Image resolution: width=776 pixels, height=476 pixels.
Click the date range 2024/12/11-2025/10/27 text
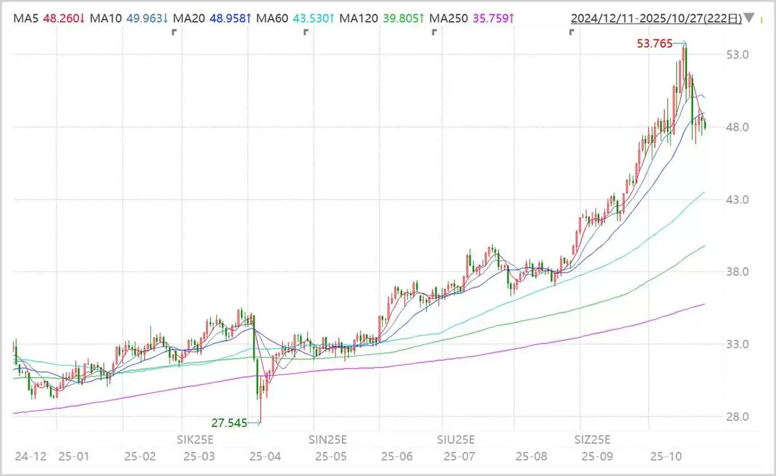click(x=656, y=18)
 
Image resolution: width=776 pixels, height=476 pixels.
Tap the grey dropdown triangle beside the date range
click(x=749, y=18)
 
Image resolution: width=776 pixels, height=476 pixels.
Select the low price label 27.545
click(x=229, y=423)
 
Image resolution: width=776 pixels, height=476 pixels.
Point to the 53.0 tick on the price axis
click(x=738, y=54)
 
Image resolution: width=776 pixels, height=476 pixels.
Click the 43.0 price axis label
click(x=738, y=199)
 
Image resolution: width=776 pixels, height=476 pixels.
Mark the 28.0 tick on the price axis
click(x=738, y=417)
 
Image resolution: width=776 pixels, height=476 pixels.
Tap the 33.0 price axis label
click(x=738, y=344)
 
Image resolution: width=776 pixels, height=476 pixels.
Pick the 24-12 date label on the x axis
click(x=30, y=457)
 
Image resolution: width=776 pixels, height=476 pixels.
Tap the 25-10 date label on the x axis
click(x=665, y=457)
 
